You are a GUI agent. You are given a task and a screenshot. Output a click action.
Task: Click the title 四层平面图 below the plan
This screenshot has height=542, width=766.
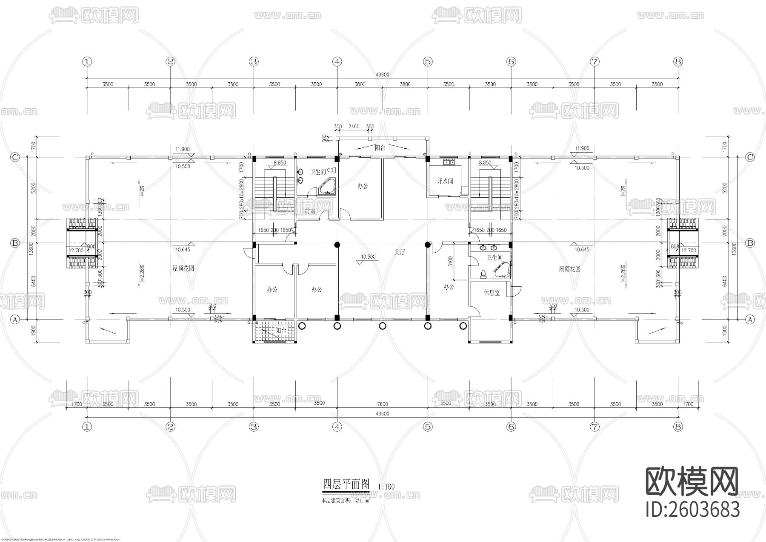coord(346,484)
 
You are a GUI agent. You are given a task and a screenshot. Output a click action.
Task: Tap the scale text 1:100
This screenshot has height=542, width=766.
coord(386,486)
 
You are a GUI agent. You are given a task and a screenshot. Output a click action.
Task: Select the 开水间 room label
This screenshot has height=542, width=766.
coord(445,181)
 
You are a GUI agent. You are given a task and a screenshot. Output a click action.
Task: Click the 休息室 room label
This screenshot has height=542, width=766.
coord(492,293)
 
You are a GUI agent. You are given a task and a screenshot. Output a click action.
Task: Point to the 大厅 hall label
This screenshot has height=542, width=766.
coord(400,252)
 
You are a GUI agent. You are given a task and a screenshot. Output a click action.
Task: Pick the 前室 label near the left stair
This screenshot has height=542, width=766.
coord(310,211)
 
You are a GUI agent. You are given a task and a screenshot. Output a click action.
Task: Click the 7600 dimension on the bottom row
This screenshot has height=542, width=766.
coord(382,404)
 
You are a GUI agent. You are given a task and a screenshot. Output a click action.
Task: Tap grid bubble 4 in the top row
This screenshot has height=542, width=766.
coord(337,62)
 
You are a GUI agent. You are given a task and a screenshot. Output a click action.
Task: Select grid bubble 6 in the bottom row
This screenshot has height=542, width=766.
coord(511,427)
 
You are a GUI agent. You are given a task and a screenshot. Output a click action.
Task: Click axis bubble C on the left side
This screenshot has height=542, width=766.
coord(15,157)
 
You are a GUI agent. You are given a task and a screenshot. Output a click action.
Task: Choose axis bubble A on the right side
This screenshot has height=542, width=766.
coord(750,319)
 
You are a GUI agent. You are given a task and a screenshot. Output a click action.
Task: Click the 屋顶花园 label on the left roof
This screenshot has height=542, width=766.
coord(183,269)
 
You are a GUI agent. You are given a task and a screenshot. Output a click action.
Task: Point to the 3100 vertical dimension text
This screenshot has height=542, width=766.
coord(450,260)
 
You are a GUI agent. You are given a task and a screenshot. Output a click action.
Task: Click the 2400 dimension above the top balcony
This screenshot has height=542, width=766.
coord(354,127)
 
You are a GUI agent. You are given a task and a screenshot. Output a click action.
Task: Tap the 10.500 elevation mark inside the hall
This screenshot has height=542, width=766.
coord(368,257)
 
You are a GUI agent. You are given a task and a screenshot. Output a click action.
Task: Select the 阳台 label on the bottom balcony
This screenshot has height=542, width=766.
coord(281,330)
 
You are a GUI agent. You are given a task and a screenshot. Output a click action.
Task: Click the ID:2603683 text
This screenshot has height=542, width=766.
coord(693,510)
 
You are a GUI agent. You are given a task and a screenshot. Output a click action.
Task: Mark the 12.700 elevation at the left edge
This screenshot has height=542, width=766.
coord(76,251)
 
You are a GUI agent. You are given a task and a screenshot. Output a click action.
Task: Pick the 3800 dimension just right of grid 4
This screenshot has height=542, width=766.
coord(360,84)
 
